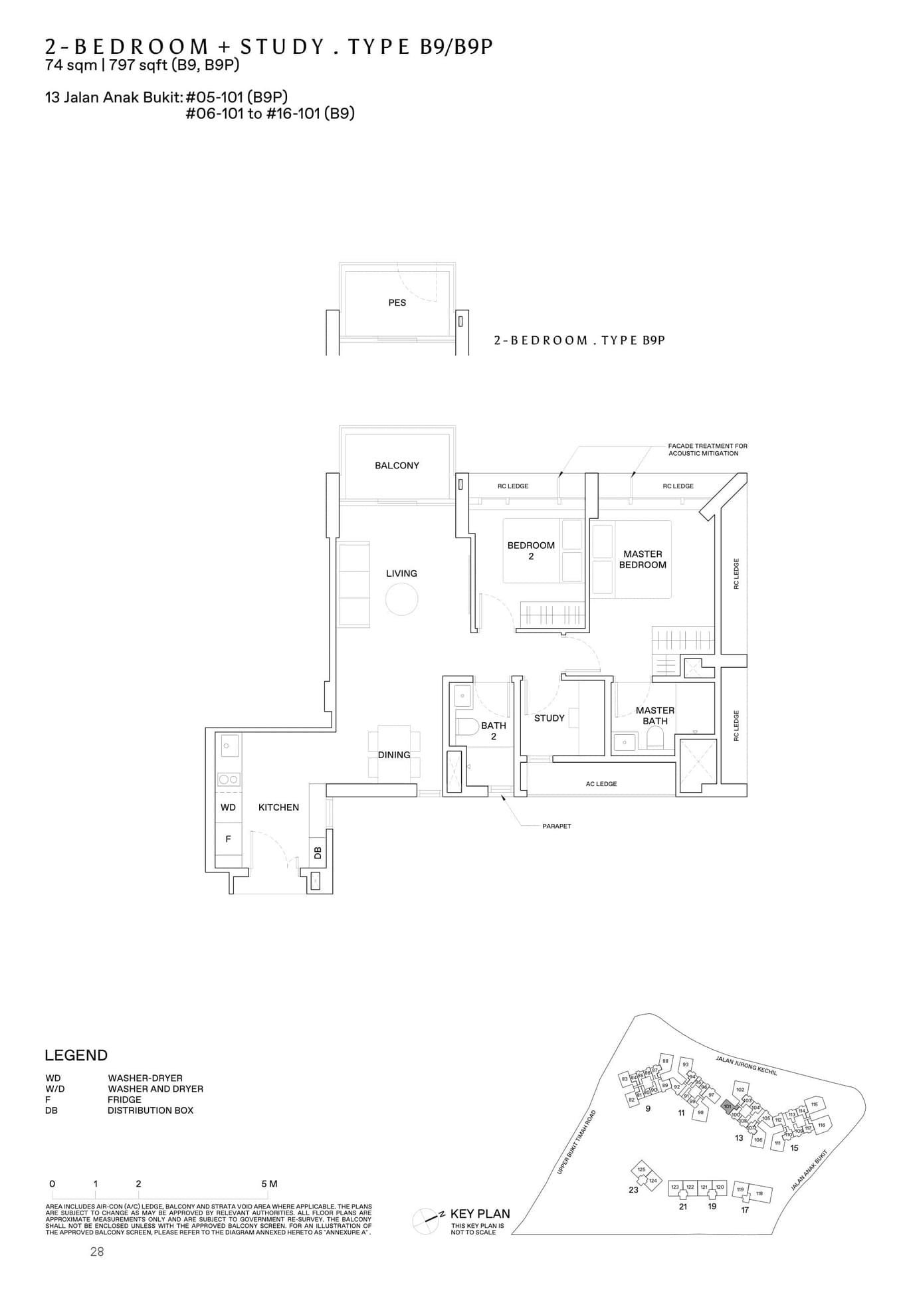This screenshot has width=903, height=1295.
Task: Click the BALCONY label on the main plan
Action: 397,465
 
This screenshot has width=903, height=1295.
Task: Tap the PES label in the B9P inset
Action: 397,302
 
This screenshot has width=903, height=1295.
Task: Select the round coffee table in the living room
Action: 401,599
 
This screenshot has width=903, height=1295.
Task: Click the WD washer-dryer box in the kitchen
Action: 228,807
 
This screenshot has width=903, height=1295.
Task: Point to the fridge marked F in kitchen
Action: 228,839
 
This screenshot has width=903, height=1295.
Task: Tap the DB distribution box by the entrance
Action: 317,852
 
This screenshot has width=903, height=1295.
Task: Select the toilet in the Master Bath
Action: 654,737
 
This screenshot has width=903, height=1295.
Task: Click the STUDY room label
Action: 549,718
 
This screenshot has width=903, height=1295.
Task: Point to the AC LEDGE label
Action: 601,784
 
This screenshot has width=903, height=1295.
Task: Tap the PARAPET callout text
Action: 556,826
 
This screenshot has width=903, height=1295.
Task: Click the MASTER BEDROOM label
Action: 643,559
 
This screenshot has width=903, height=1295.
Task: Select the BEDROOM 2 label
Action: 530,550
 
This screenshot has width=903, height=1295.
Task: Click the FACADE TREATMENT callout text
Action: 707,449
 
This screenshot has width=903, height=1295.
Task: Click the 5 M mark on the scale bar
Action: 268,1183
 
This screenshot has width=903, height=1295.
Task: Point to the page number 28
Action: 97,1252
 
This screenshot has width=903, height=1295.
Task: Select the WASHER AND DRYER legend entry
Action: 155,1088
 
